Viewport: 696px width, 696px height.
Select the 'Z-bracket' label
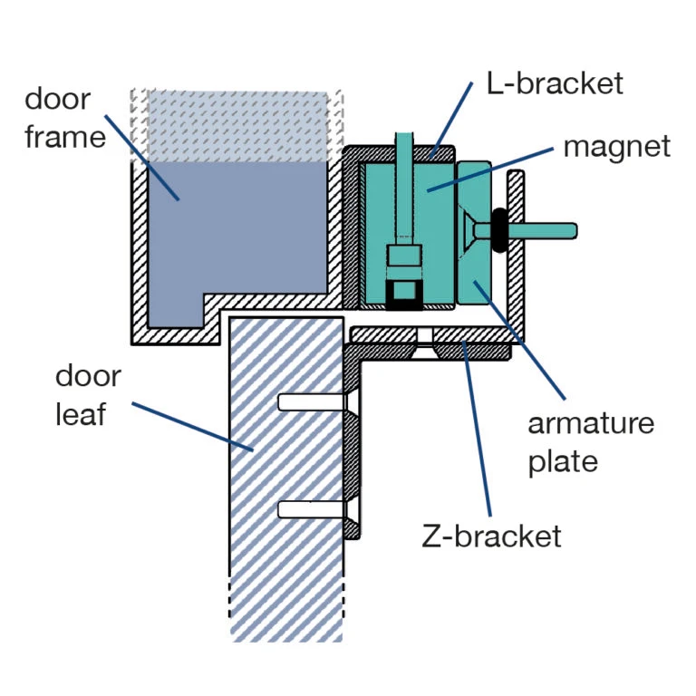[x=492, y=536]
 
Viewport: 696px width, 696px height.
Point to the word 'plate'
[x=563, y=461]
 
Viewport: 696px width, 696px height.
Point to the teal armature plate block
[x=475, y=272]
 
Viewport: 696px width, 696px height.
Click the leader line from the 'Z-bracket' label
[x=478, y=435]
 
